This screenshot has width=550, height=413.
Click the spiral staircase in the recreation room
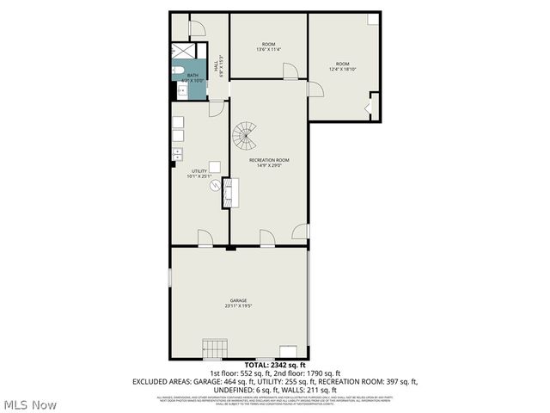246,134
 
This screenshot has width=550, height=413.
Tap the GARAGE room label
238,300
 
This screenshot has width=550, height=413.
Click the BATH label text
192,75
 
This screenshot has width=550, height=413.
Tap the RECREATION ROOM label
269,160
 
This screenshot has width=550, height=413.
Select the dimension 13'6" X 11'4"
268,49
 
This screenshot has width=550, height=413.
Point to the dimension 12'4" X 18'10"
342,70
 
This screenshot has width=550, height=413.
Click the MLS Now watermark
30,404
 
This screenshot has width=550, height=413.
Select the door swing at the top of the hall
197,28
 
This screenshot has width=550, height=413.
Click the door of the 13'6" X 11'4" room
291,71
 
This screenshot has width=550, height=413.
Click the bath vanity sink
181,91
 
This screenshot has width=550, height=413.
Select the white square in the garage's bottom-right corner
288,351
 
